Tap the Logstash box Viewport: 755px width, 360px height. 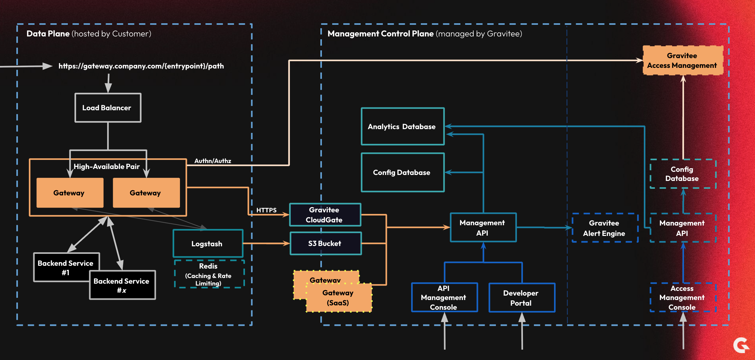(x=208, y=243)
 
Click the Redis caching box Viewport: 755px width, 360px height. (x=209, y=274)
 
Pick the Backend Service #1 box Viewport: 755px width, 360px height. (x=65, y=267)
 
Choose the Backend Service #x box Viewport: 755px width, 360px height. (x=122, y=285)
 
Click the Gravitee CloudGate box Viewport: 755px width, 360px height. (x=325, y=215)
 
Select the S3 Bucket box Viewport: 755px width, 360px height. (x=325, y=243)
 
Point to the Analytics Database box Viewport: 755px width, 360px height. (x=402, y=127)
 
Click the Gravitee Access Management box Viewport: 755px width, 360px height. (x=682, y=60)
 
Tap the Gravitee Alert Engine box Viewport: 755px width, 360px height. (x=605, y=228)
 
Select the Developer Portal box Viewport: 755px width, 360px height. (x=522, y=298)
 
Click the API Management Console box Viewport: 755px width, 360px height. (x=444, y=297)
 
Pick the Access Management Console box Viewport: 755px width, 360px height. (x=682, y=297)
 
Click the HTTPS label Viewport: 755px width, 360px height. (x=266, y=210)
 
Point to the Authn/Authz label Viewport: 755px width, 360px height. (x=213, y=161)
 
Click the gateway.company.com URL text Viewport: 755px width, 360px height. (x=141, y=66)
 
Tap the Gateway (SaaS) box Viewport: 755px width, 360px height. (x=339, y=297)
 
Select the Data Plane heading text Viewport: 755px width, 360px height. (x=48, y=34)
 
